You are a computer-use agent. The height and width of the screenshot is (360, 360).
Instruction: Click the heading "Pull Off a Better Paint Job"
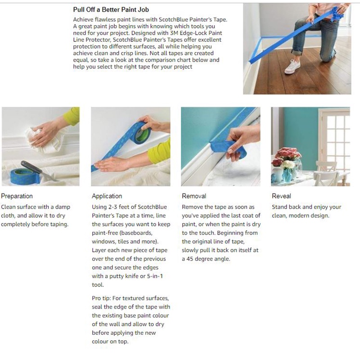111,9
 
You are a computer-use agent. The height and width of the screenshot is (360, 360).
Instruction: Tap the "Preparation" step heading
17,196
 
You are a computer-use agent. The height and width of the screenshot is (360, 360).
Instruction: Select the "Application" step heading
107,196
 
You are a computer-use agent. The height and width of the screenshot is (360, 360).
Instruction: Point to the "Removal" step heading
194,196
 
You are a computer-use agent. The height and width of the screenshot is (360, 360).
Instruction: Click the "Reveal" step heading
281,196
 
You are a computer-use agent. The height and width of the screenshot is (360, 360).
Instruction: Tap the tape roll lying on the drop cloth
25,175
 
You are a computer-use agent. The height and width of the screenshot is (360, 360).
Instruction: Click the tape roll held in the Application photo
140,133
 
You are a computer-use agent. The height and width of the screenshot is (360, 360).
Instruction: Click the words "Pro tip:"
101,298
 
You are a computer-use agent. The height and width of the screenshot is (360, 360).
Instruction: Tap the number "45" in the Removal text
189,259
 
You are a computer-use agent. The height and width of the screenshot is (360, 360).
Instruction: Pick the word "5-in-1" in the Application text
155,276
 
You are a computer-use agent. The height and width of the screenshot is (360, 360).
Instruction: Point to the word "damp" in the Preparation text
63,207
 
